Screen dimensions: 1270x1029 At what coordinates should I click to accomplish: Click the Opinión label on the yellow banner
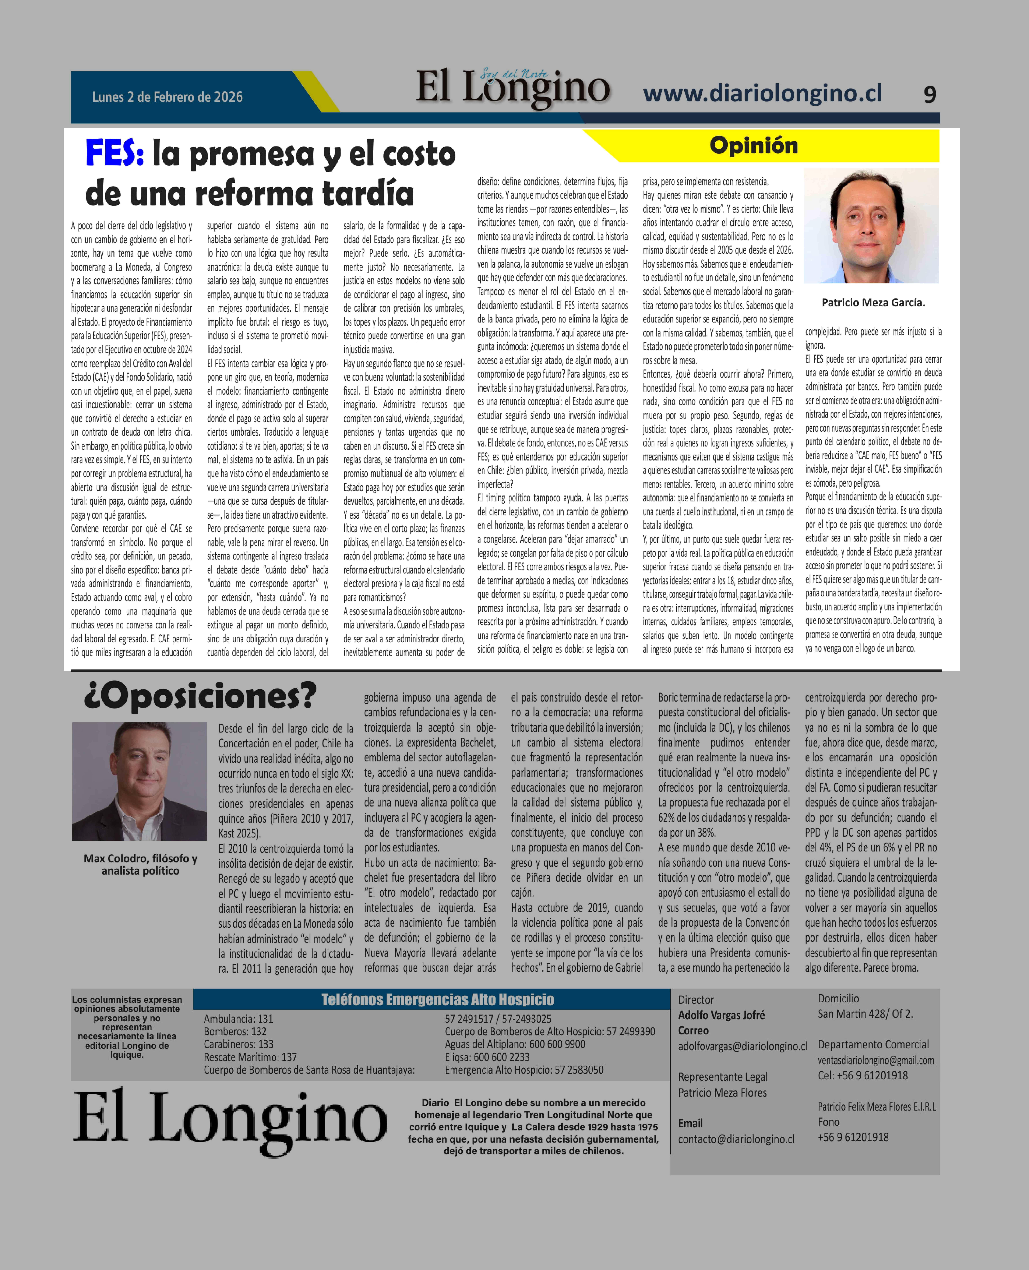(753, 145)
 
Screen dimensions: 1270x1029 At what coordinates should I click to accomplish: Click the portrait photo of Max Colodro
(139, 781)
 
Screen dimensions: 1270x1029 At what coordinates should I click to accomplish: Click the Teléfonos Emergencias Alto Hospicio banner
(437, 1000)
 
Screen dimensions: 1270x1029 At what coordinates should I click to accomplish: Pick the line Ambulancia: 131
(238, 1019)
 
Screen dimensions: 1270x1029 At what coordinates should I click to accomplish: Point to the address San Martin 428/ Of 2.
(865, 1014)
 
